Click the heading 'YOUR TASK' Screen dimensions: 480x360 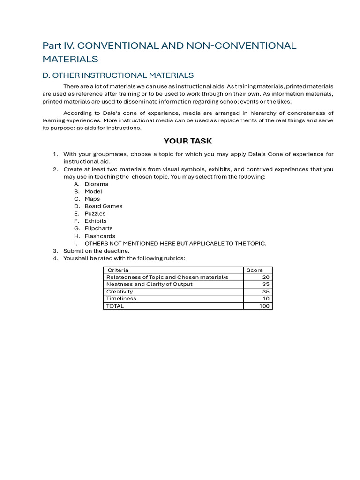tap(187, 141)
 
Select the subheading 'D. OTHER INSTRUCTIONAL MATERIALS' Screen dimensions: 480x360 tap(118, 75)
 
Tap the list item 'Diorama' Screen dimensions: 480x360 tap(97, 184)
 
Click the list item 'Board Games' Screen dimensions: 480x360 tap(103, 206)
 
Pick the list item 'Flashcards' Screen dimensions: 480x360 tap(100, 236)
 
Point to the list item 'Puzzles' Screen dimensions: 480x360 tap(95, 214)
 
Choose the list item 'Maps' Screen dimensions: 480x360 tap(92, 199)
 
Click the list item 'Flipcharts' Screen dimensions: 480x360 tap(98, 229)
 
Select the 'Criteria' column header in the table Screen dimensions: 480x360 tap(118, 270)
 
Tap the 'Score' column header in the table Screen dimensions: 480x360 tap(255, 270)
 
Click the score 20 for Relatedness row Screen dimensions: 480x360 tap(266, 277)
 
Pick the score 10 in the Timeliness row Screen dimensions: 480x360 tap(266, 299)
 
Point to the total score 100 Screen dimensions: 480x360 tap(264, 306)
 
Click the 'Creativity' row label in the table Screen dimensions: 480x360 tap(120, 292)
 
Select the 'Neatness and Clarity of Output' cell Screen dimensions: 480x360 tap(149, 285)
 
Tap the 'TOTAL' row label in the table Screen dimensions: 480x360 tap(115, 306)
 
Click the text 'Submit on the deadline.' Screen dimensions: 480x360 tap(96, 251)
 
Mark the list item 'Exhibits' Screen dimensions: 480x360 tap(96, 221)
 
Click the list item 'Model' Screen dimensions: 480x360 tap(93, 192)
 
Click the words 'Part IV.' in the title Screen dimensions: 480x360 tap(58, 46)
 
